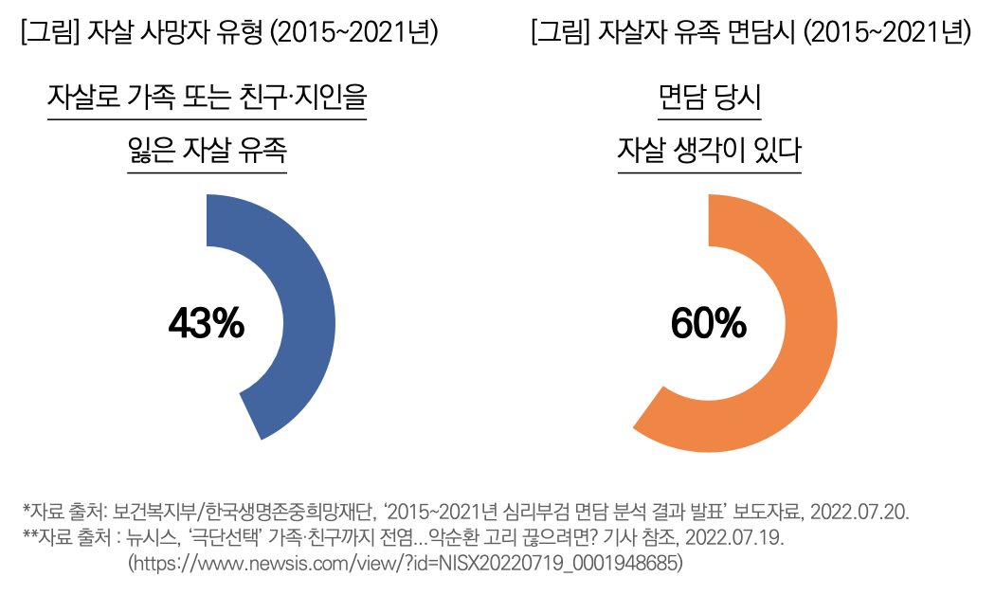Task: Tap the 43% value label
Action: [x=207, y=325]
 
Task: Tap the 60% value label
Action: [x=709, y=325]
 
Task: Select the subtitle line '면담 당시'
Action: [x=709, y=98]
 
